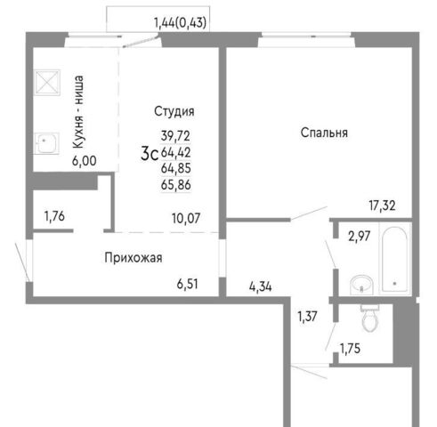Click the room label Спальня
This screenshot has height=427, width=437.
324,133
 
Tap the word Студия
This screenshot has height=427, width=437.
174,111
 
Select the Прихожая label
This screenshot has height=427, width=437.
134,258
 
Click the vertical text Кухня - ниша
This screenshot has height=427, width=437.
78,112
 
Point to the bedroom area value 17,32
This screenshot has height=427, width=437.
382,205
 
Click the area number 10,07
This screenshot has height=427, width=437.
186,219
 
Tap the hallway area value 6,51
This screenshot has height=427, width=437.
187,284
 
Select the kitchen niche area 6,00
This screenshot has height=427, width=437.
85,161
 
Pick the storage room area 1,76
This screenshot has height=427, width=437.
54,216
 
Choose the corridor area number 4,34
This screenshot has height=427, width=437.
261,286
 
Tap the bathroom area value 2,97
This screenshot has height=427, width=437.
360,237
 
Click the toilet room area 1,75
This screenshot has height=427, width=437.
350,349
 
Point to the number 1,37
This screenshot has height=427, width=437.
307,317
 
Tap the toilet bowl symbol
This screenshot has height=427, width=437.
369,318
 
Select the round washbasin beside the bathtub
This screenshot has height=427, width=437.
361,285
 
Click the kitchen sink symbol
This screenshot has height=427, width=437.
46,143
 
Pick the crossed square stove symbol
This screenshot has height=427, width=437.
47,83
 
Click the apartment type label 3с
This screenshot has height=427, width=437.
150,154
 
